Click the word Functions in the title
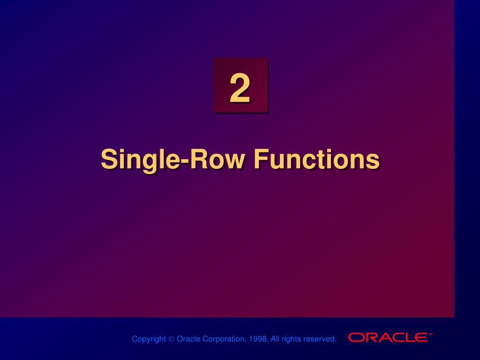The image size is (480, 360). [316, 159]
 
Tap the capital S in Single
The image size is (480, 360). [108, 159]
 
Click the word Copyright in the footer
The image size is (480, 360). [149, 339]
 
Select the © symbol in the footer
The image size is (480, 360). [172, 339]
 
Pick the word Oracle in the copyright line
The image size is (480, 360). [188, 339]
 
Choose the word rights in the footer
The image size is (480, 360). [291, 339]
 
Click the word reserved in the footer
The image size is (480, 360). [320, 339]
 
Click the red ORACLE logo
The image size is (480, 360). [388, 337]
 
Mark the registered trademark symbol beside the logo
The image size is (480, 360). [431, 334]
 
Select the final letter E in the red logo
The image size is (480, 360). [421, 337]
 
